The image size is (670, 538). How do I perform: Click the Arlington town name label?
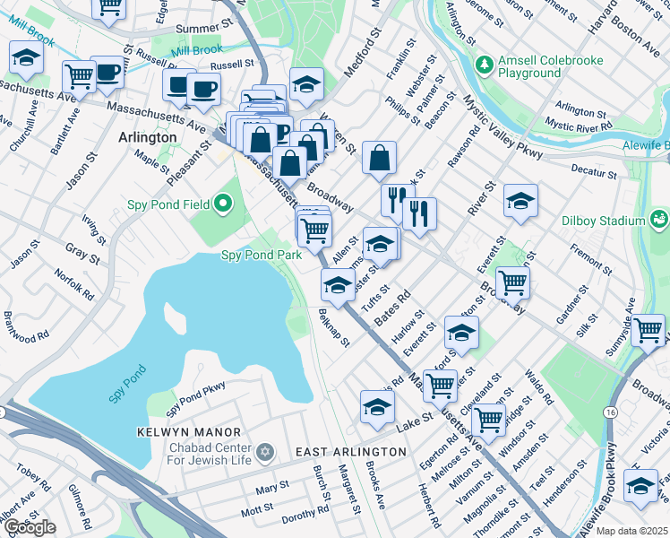click(x=147, y=138)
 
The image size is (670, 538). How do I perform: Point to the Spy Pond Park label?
click(x=262, y=256)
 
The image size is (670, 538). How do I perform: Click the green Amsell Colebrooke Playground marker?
click(x=485, y=65)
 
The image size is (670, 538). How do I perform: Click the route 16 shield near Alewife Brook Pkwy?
click(x=610, y=412)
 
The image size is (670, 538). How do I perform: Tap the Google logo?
click(x=30, y=527)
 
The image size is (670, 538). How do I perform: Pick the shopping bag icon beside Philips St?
click(x=380, y=158)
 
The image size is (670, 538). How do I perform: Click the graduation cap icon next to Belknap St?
click(x=338, y=285)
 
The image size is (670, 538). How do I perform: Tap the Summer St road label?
click(x=198, y=29)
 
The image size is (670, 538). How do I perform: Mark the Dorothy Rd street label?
click(x=305, y=513)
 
